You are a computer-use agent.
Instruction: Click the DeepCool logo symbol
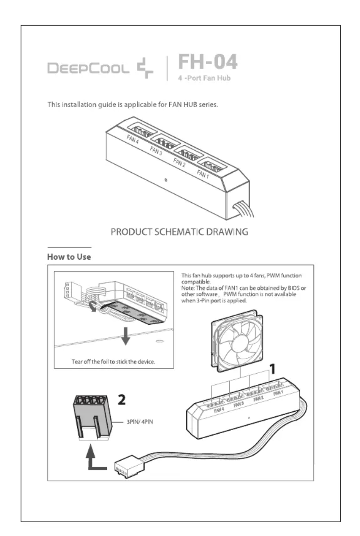pyautogui.click(x=145, y=68)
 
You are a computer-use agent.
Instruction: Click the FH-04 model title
pyautogui.click(x=207, y=61)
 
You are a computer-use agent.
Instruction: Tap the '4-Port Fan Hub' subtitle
pyautogui.click(x=204, y=78)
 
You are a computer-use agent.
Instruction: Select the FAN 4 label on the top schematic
pyautogui.click(x=132, y=139)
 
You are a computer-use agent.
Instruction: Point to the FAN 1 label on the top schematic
pyautogui.click(x=202, y=174)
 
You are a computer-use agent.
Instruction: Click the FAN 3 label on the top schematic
pyautogui.click(x=156, y=150)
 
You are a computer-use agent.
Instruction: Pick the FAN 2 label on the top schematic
pyautogui.click(x=179, y=162)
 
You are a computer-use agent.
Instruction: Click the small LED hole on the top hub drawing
pyautogui.click(x=166, y=180)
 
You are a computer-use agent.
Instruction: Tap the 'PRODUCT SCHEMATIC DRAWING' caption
pyautogui.click(x=179, y=232)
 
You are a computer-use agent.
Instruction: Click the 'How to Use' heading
pyautogui.click(x=69, y=257)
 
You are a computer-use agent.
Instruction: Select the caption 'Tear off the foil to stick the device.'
pyautogui.click(x=113, y=362)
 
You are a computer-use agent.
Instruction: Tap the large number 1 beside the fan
pyautogui.click(x=273, y=369)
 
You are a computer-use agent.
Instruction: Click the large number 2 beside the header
pyautogui.click(x=122, y=399)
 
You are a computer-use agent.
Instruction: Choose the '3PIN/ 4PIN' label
pyautogui.click(x=140, y=422)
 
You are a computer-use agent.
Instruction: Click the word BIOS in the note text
pyautogui.click(x=294, y=288)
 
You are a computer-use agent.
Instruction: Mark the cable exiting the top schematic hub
pyautogui.click(x=243, y=209)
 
